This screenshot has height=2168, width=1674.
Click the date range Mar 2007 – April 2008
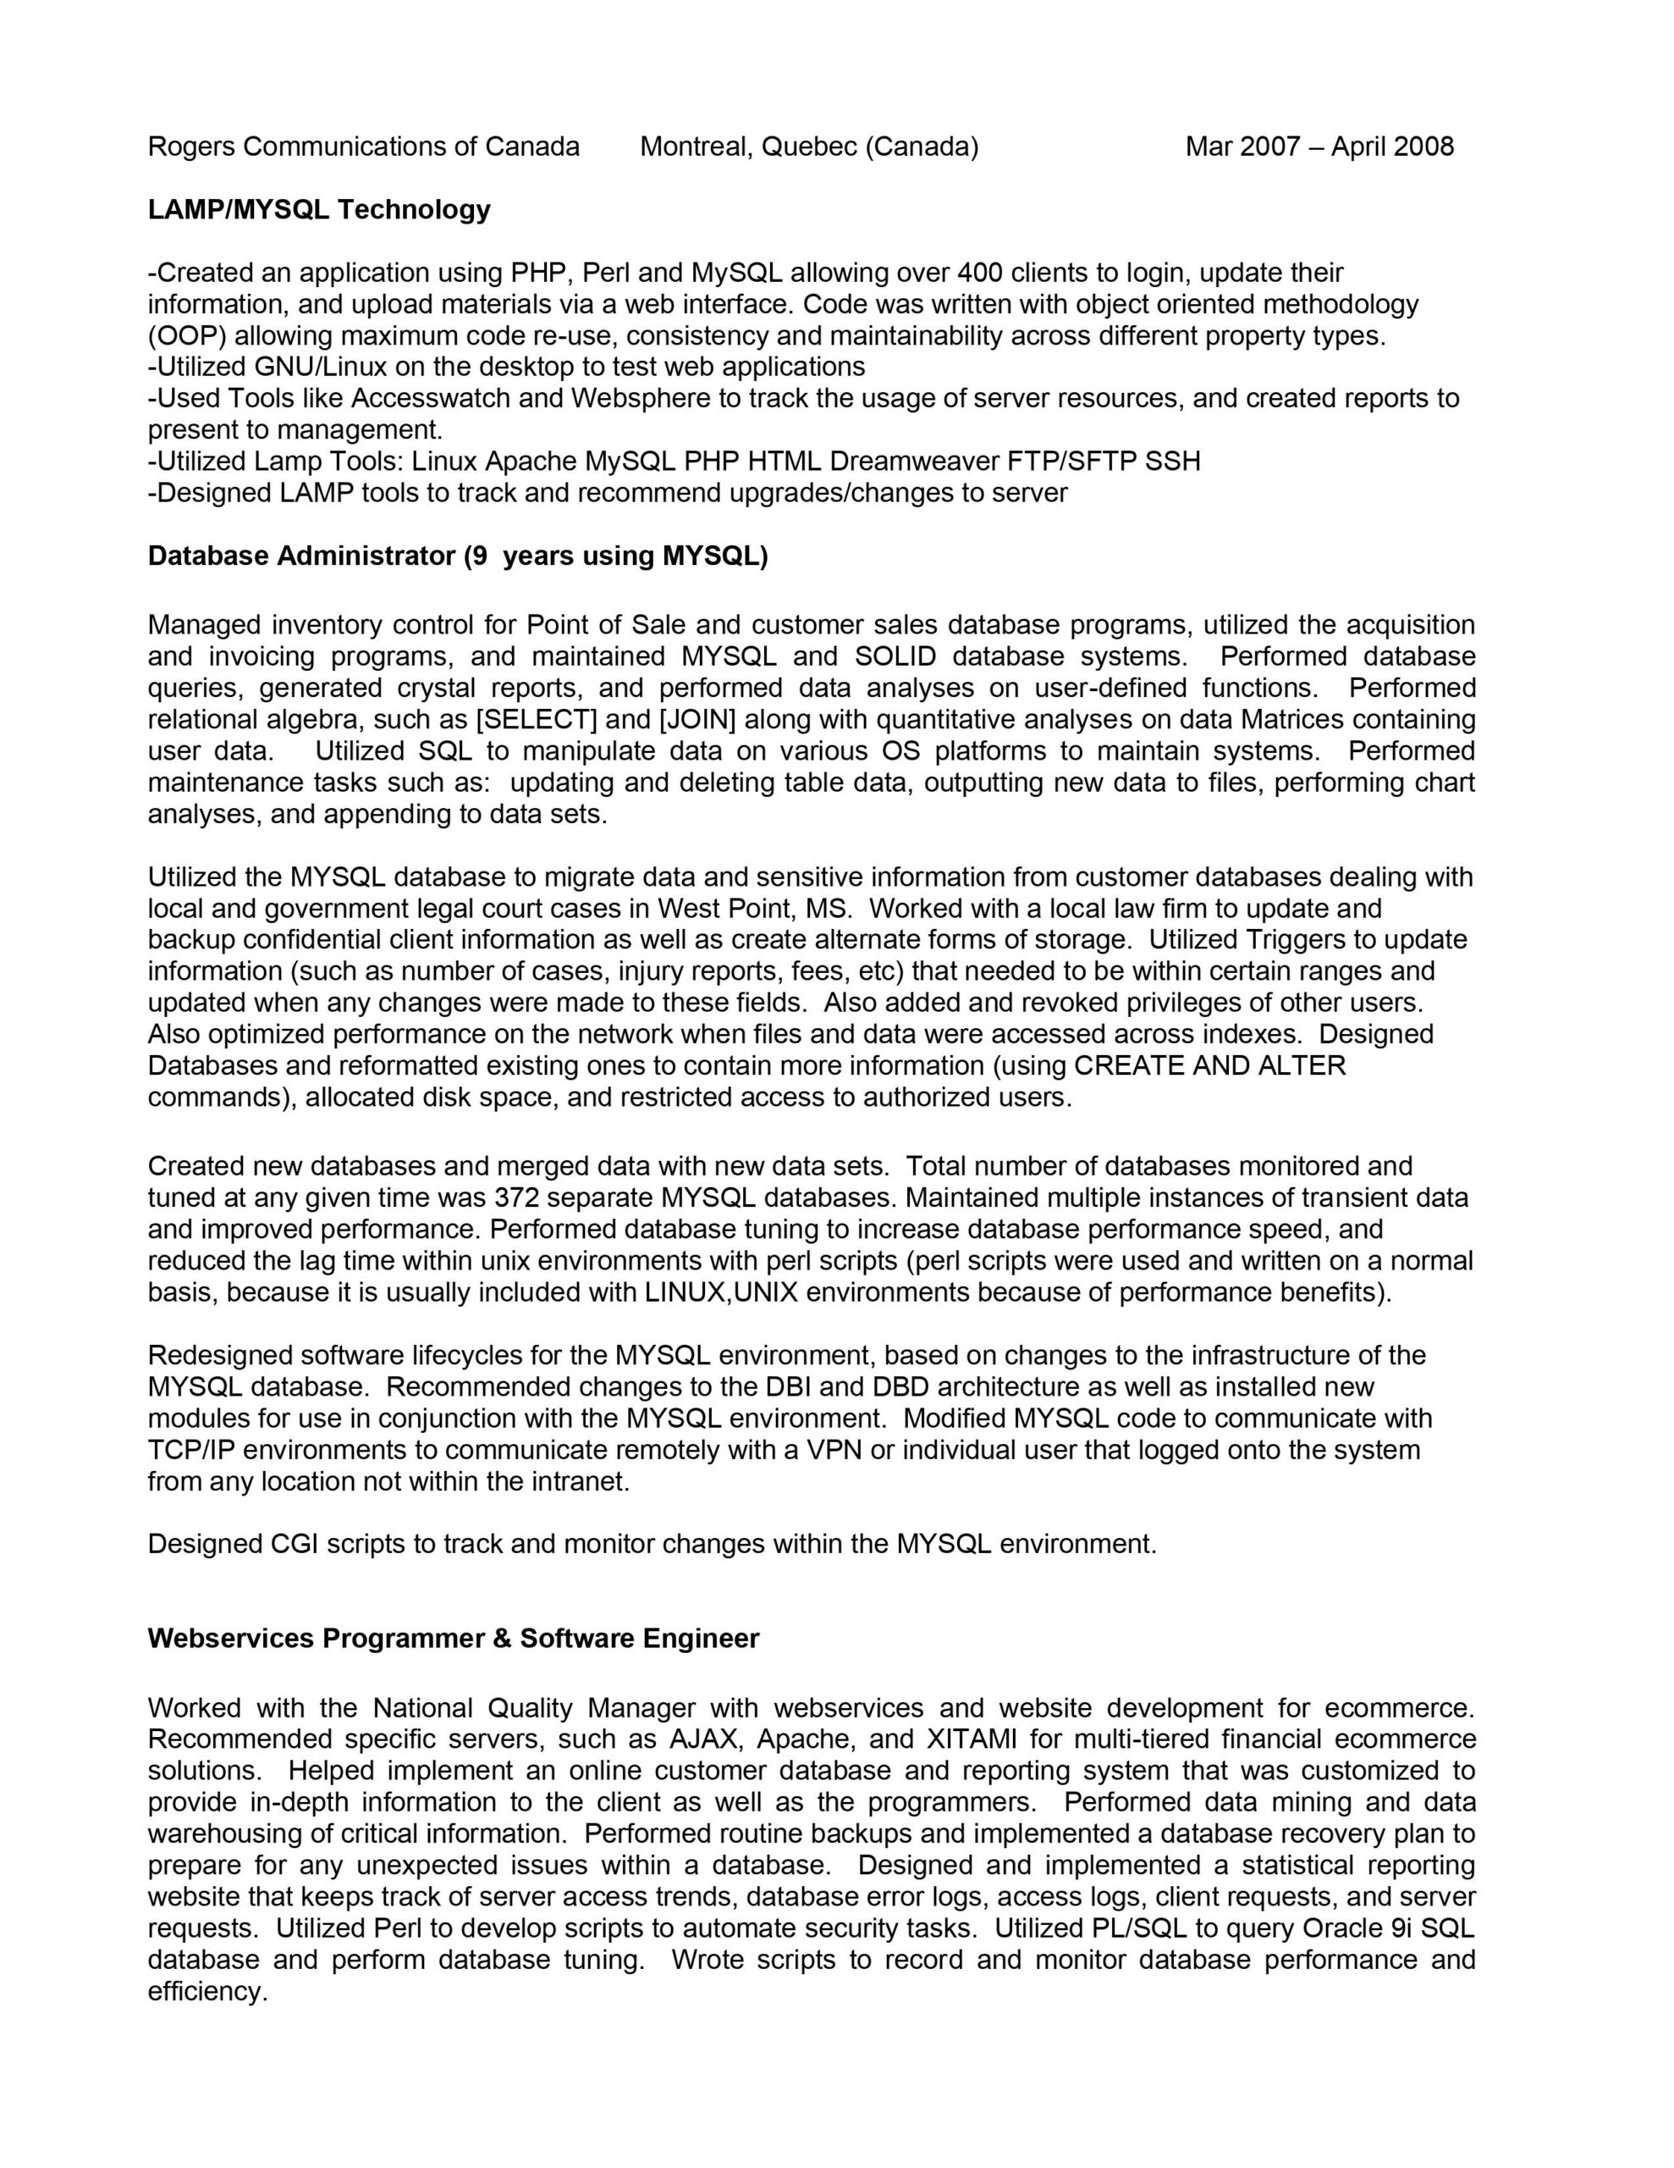coord(1319,147)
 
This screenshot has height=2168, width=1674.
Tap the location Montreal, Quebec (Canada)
coord(809,147)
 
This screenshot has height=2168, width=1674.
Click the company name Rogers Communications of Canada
coord(363,147)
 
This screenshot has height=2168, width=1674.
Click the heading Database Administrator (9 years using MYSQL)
coord(458,556)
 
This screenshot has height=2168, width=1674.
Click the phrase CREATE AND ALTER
coord(1209,1065)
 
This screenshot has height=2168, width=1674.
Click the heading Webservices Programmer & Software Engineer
coord(453,1638)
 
